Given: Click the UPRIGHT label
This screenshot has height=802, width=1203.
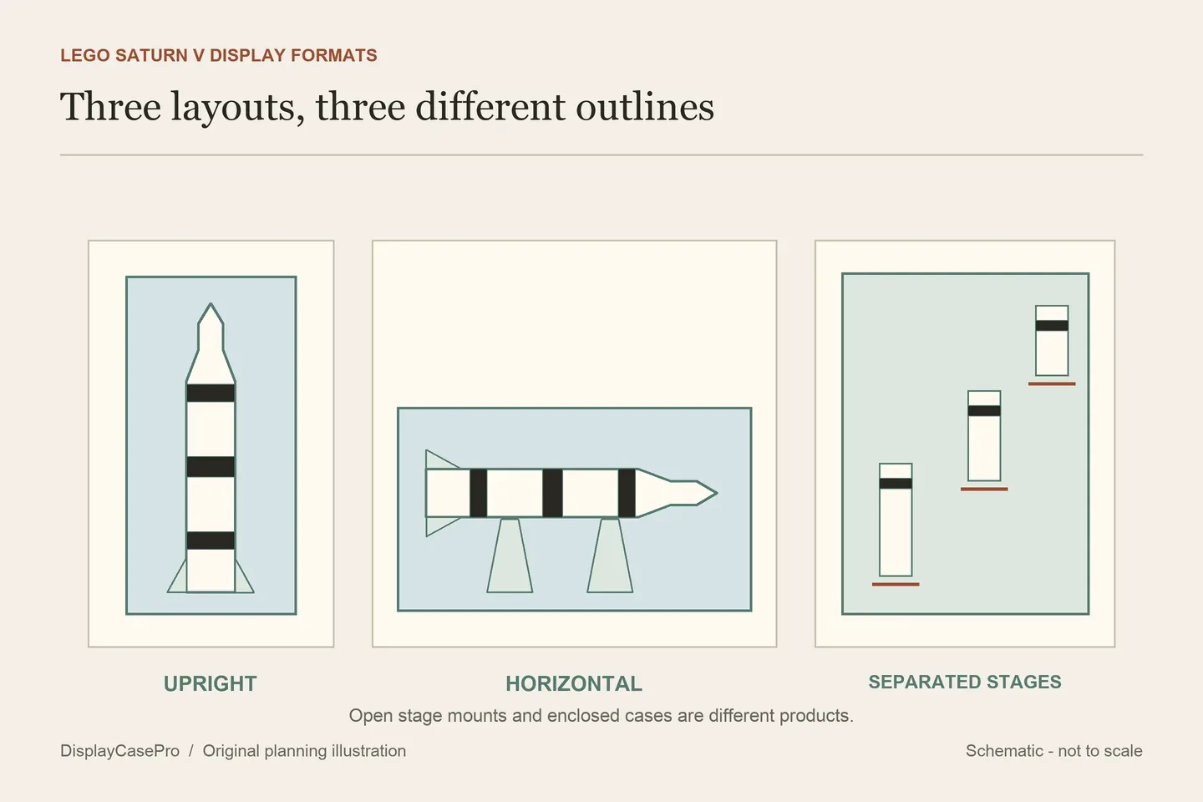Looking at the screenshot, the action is pos(210,684).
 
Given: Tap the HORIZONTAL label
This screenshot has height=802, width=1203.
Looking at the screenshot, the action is pos(574,684).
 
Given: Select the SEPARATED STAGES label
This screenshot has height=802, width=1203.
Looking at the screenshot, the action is pos(965,682).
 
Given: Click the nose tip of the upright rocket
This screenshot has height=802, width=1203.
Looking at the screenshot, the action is pos(211,303).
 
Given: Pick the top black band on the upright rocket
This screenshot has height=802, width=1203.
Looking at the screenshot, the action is pos(211,393).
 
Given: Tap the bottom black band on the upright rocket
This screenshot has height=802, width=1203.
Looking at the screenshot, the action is pos(211,541).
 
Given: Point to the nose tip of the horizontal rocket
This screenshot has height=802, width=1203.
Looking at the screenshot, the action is pos(717,493).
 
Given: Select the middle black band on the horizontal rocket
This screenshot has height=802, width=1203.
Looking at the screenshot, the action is pos(552,493).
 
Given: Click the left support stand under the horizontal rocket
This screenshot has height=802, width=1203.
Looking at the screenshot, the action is pos(510,556).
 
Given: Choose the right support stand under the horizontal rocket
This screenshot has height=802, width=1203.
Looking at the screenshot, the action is pos(610,556).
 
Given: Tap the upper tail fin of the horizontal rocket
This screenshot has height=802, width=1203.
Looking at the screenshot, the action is pos(440,460).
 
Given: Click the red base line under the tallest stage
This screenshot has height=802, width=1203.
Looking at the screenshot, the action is pos(896,584).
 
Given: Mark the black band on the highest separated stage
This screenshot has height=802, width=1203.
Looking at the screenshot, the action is pos(1052,325).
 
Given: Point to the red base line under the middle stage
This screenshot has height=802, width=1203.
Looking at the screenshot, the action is pos(984,490).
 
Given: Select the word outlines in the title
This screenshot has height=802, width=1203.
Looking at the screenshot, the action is pos(645,106).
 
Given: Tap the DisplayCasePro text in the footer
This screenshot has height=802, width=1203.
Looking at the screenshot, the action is pos(119,750).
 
